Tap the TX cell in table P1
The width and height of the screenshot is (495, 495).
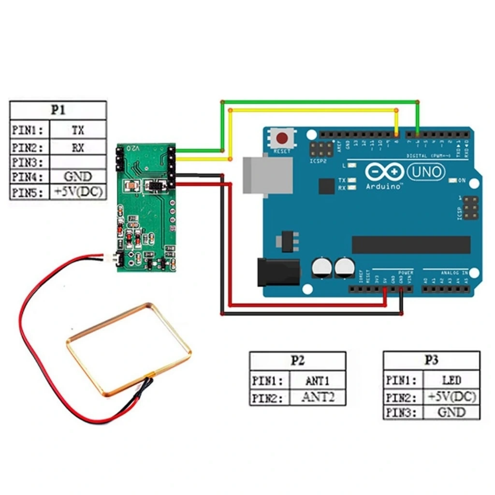tap(78, 130)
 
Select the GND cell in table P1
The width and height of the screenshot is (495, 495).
tap(78, 176)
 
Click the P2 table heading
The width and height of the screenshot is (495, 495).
tap(297, 361)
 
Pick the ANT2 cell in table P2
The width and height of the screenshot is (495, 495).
tap(318, 397)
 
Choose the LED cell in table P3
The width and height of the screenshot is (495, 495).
tap(451, 380)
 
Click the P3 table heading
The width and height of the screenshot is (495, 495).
tap(431, 360)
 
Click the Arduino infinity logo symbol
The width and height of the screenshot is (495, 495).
tap(385, 172)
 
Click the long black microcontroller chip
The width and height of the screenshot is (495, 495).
tap(410, 245)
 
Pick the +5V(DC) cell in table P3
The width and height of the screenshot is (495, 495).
tap(451, 397)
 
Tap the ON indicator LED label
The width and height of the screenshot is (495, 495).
tap(462, 180)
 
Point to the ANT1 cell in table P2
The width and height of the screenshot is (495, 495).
tap(318, 380)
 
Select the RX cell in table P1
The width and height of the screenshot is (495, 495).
tap(78, 147)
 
